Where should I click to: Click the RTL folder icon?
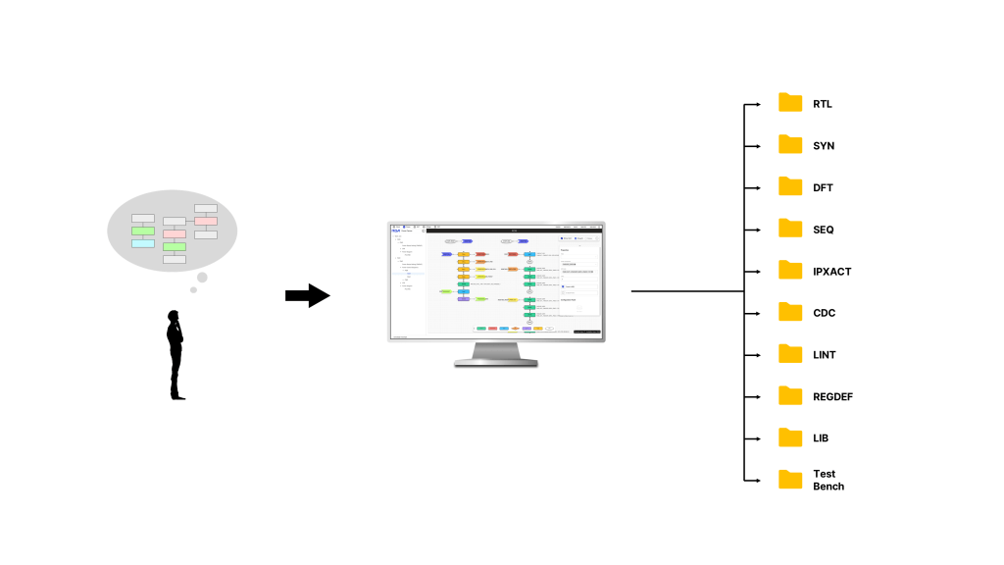(790, 103)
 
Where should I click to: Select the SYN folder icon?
(790, 145)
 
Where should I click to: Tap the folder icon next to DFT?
(790, 186)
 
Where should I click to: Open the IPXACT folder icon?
(790, 271)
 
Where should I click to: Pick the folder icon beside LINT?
(790, 354)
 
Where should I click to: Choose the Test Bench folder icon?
(790, 480)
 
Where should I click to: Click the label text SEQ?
(824, 230)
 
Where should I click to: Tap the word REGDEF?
(833, 396)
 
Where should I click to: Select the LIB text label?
(822, 438)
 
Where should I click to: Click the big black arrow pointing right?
(308, 295)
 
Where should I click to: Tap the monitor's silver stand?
(496, 353)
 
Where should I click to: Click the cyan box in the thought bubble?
(143, 243)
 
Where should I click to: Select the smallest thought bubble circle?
(194, 289)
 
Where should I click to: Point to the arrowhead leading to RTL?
(756, 104)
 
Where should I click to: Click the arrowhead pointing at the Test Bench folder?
(756, 480)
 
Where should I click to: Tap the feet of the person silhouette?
(177, 396)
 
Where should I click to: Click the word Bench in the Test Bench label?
(828, 487)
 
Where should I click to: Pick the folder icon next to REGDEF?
(790, 396)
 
